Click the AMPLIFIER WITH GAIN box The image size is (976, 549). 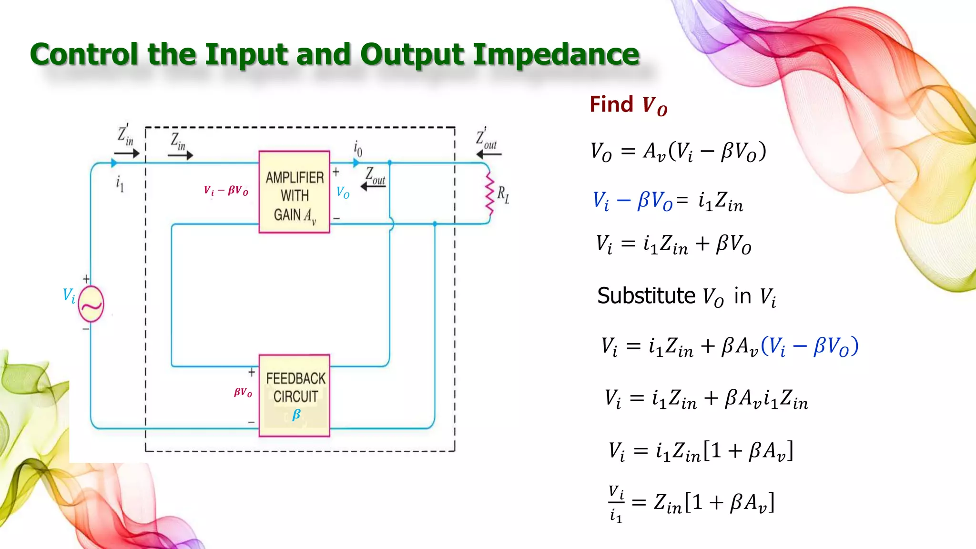294,192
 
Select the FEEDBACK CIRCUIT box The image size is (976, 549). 294,396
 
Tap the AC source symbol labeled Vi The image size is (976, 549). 91,304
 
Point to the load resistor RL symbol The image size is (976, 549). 490,194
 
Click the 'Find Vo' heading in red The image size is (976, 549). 628,105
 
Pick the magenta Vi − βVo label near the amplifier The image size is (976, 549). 226,191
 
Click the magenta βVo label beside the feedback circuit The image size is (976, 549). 243,392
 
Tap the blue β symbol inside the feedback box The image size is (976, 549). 296,414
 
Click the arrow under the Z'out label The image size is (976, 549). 489,154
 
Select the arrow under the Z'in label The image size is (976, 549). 127,153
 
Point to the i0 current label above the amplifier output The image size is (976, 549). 358,148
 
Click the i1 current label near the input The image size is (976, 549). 120,183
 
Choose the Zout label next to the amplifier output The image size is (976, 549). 375,176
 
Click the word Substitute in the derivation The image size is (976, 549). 646,296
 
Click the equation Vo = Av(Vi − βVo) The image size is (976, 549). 678,152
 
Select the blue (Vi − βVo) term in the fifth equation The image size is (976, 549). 810,346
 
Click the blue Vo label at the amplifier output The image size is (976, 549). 343,193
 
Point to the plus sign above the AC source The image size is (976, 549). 86,279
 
